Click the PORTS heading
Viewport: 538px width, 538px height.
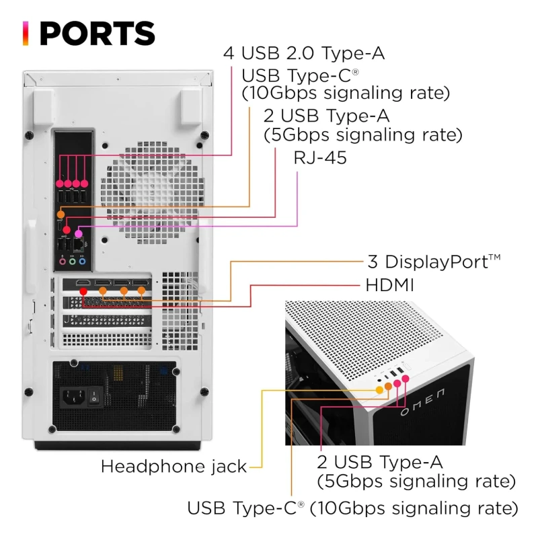[98, 33]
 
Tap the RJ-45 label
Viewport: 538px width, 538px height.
[320, 158]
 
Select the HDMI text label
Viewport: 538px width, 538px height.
[390, 285]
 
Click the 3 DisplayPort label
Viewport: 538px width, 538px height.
[434, 262]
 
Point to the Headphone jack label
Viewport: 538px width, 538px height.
[174, 466]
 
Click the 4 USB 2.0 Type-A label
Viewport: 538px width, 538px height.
[304, 53]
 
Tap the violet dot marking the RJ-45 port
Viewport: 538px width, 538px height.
[79, 233]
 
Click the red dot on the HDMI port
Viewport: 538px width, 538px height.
[83, 291]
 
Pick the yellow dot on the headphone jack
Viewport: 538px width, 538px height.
[379, 390]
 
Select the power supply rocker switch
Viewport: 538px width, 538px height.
[94, 397]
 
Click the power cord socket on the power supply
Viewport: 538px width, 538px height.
[73, 397]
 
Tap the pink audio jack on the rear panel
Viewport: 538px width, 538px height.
[63, 262]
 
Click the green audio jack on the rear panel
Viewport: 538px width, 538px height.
[72, 262]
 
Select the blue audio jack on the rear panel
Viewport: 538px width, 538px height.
[82, 262]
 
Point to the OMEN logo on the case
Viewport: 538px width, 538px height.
[423, 401]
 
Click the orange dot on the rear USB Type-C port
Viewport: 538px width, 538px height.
[61, 215]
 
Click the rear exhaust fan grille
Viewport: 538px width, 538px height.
[153, 192]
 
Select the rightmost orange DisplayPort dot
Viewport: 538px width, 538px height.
[141, 291]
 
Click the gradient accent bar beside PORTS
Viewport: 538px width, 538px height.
[26, 33]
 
